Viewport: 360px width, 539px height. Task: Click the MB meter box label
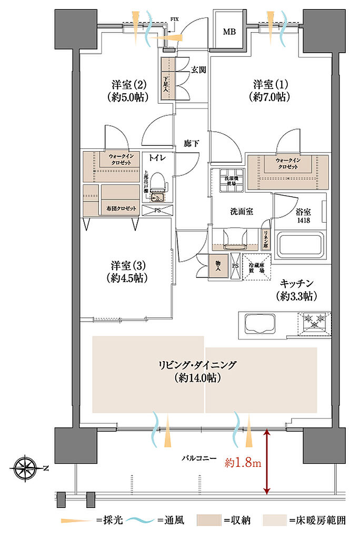point(229,32)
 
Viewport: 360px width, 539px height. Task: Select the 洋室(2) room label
point(128,85)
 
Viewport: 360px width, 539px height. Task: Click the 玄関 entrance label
point(198,69)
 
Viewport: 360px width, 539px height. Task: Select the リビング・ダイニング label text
point(199,365)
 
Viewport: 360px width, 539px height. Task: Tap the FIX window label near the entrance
point(174,19)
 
